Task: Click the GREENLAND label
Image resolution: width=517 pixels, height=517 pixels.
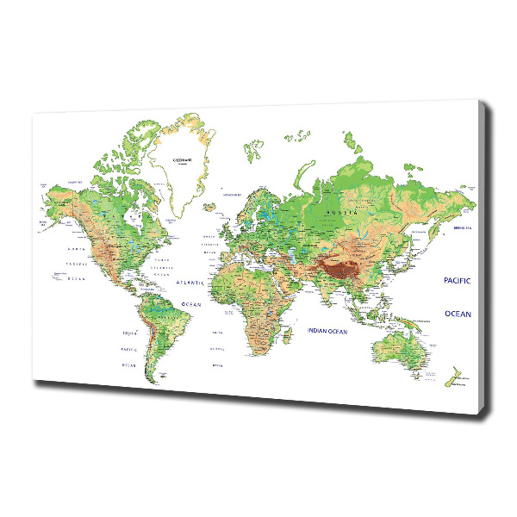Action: point(179,161)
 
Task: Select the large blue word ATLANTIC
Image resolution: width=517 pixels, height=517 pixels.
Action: point(189,283)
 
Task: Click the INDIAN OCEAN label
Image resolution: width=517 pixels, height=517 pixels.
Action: point(327,331)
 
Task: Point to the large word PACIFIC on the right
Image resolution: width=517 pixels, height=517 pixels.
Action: point(458,280)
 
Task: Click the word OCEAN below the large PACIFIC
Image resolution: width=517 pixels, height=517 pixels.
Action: point(458,314)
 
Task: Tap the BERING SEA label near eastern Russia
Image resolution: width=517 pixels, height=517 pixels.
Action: point(464,228)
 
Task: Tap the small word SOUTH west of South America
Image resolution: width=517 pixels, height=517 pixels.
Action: point(129,333)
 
